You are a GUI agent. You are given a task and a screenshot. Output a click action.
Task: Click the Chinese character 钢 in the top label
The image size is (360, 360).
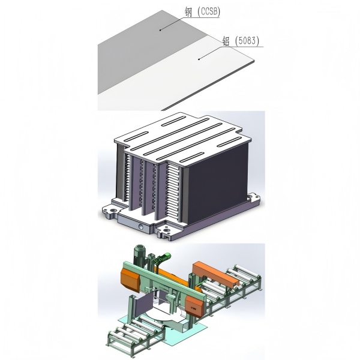click(188, 12)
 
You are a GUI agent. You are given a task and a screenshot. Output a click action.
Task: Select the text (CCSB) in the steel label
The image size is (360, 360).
click(208, 11)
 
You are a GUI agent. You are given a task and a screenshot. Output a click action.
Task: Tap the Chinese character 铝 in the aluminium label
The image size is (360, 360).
click(226, 41)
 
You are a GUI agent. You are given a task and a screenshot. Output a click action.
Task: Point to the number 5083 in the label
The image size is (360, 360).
click(247, 41)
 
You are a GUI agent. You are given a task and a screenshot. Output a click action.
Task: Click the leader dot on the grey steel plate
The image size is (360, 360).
click(160, 30)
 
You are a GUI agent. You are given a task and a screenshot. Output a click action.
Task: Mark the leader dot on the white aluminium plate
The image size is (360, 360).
click(199, 59)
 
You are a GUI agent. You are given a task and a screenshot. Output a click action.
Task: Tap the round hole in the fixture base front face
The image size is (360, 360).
click(141, 227)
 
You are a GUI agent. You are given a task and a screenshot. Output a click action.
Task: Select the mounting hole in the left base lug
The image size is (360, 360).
click(113, 210)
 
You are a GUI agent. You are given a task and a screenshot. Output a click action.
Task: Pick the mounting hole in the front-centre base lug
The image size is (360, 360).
click(166, 230)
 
